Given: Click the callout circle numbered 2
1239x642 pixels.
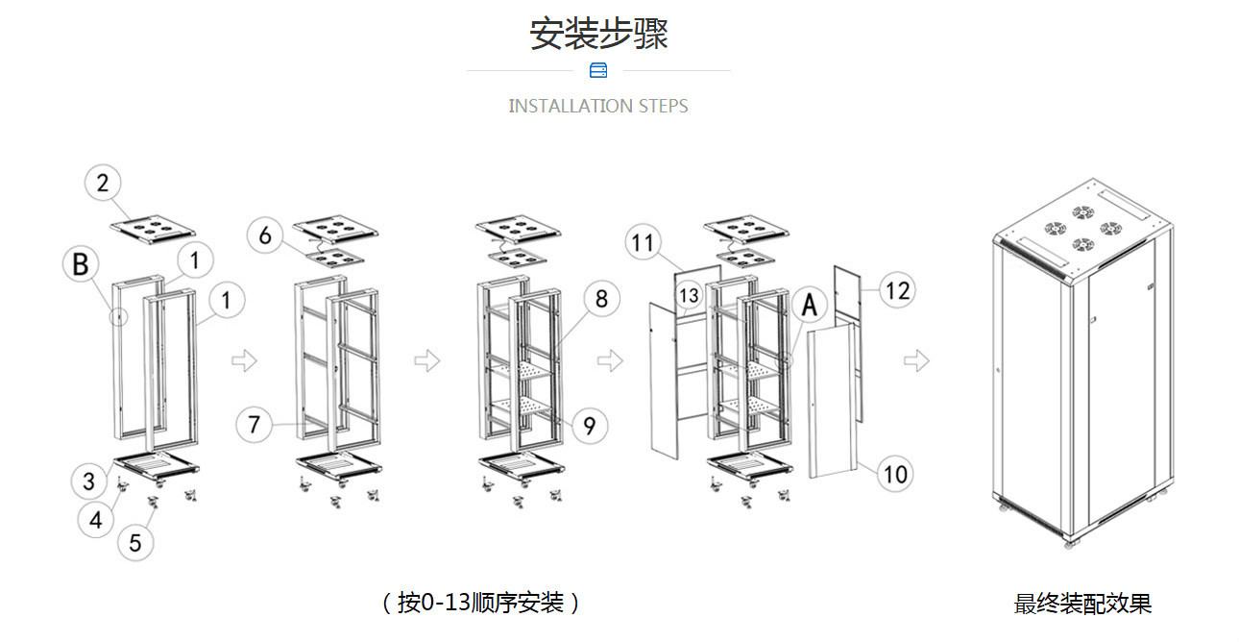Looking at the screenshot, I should click(x=105, y=183).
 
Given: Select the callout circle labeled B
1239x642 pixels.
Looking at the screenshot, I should click(x=81, y=263).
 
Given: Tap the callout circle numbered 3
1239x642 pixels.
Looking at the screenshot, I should click(x=88, y=479).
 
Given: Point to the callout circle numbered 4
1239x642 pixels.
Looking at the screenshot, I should click(x=96, y=520).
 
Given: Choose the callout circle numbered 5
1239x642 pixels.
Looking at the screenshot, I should click(x=135, y=542).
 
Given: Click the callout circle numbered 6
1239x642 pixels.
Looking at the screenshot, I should click(x=266, y=235).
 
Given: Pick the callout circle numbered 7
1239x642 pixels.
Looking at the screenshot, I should click(x=255, y=424).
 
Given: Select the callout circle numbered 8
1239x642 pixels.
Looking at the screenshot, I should click(x=601, y=298).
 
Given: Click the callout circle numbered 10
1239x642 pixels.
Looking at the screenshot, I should click(x=894, y=474).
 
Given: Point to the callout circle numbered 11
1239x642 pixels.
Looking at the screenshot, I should click(x=643, y=242).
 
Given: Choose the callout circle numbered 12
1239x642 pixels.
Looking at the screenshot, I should click(x=896, y=289).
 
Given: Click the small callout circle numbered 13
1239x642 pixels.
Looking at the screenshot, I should click(x=689, y=296).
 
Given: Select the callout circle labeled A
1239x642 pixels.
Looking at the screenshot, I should click(x=810, y=305).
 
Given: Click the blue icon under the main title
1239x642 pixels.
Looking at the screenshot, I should click(x=598, y=70).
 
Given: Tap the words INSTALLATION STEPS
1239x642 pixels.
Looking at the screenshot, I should click(x=598, y=106).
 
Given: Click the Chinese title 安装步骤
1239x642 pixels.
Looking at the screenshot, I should click(x=598, y=33).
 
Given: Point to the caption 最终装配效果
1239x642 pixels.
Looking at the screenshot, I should click(x=1082, y=604).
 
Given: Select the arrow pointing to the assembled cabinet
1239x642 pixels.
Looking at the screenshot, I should click(x=917, y=361).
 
